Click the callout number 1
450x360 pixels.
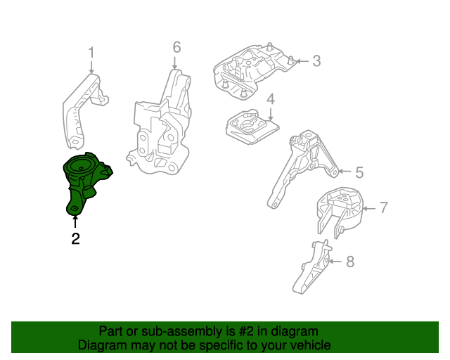click(91, 51)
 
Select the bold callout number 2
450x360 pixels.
click(75, 239)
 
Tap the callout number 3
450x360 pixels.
click(316, 61)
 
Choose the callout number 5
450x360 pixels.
click(358, 172)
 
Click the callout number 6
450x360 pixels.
click(176, 47)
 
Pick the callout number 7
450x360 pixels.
click(383, 207)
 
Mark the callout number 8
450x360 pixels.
click(350, 262)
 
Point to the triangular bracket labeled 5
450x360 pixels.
click(299, 169)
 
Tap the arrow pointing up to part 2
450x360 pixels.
click(75, 221)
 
